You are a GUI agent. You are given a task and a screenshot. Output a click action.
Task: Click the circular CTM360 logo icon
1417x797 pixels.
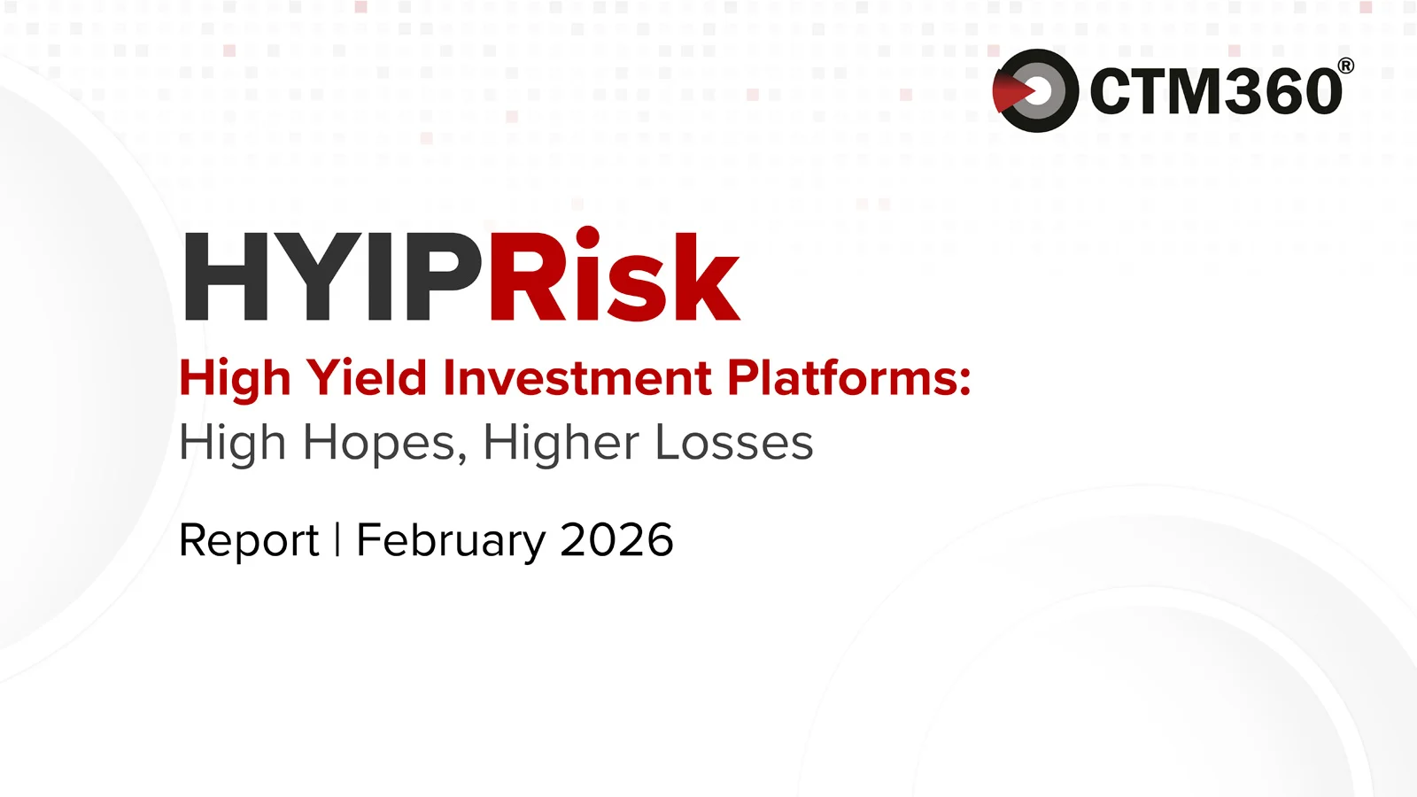[x=1035, y=90]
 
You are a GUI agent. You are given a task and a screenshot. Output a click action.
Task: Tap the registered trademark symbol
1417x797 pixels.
[x=1345, y=66]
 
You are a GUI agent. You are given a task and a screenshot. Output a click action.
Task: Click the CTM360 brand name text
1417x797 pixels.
[x=1216, y=91]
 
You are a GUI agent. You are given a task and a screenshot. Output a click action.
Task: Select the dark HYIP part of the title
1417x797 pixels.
[x=332, y=277]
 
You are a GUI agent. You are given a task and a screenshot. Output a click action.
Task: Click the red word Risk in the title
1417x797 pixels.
[x=614, y=277]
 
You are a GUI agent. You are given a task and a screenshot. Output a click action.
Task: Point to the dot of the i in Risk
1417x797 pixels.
[x=587, y=236]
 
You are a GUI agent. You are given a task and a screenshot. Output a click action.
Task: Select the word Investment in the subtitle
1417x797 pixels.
[x=577, y=378]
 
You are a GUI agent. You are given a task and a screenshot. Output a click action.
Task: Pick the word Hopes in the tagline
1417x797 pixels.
[x=380, y=443]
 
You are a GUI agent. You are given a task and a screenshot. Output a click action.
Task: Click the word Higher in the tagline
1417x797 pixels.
[x=561, y=443]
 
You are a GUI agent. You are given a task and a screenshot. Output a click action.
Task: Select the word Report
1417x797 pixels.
[x=249, y=540]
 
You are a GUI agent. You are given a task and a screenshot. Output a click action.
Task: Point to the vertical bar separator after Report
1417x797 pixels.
[x=337, y=540]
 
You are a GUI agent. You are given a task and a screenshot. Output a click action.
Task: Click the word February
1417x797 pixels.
[x=451, y=540]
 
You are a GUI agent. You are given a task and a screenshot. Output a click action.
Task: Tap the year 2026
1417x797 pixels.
[x=616, y=540]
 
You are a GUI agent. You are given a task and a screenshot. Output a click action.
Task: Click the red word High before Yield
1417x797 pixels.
[x=235, y=378]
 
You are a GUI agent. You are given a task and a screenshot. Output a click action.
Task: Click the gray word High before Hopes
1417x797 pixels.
[x=233, y=443]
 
